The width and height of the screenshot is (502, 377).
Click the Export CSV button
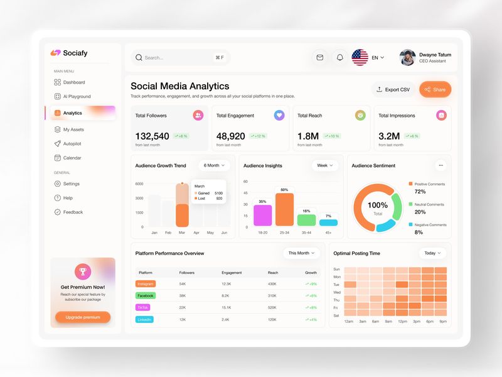click(393, 89)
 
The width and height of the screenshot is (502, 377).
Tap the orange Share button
click(435, 89)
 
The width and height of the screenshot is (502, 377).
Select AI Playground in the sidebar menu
click(77, 97)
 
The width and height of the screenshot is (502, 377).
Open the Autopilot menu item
click(72, 144)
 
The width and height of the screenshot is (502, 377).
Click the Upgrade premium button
click(83, 317)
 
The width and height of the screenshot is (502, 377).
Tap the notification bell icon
click(340, 58)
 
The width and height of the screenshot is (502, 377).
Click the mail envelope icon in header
click(320, 58)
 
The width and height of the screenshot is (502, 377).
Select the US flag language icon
click(360, 58)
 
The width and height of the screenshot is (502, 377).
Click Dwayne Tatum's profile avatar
click(407, 58)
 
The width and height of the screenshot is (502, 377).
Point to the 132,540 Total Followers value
click(152, 136)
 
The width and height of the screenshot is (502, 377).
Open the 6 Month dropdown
click(215, 166)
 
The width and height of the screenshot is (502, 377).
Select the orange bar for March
click(182, 214)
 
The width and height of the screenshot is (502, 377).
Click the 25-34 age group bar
click(284, 209)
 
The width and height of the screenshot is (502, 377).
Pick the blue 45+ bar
click(328, 222)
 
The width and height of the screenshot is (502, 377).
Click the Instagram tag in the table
click(146, 284)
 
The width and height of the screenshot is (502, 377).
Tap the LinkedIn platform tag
click(145, 320)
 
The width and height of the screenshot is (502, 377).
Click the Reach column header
click(272, 273)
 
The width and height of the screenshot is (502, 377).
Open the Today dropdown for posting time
click(432, 253)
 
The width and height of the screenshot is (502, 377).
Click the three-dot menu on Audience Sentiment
click(441, 166)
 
